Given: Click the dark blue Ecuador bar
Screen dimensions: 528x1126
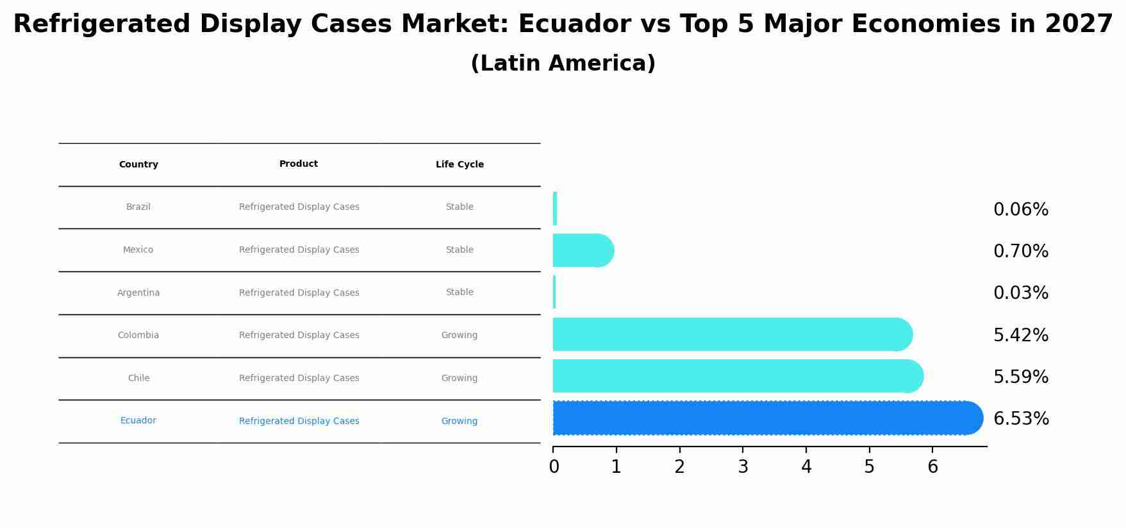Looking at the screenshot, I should (x=766, y=418).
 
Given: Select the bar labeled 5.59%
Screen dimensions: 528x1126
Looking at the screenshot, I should (x=737, y=376).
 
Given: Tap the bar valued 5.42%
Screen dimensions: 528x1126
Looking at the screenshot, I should (x=731, y=334).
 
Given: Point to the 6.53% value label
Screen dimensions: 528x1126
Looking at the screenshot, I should (x=1021, y=419).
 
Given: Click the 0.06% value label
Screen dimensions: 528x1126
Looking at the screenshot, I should (x=1020, y=210).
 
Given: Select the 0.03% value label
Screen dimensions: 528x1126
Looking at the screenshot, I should (x=1020, y=293).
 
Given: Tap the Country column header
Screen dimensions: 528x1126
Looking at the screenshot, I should (x=138, y=165).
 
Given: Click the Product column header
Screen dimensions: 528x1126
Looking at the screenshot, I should (x=299, y=164).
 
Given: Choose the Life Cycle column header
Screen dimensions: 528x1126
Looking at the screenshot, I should (x=460, y=165).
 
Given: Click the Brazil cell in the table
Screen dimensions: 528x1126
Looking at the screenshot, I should (x=138, y=207).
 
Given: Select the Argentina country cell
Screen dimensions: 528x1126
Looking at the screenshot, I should (x=138, y=293).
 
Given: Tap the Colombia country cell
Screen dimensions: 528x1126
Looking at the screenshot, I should (x=138, y=336).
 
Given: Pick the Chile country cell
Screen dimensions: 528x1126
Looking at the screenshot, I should (x=138, y=379).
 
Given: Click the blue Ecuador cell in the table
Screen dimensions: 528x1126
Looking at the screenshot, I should (x=138, y=421).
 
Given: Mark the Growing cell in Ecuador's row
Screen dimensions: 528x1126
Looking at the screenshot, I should (x=460, y=422).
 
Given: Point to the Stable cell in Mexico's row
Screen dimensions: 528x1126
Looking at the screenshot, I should (x=460, y=250).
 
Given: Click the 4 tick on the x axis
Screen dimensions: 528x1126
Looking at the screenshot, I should (x=806, y=467).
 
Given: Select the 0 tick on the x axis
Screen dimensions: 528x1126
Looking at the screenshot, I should (x=554, y=467).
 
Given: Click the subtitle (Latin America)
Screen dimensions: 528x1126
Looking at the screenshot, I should (x=563, y=64).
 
